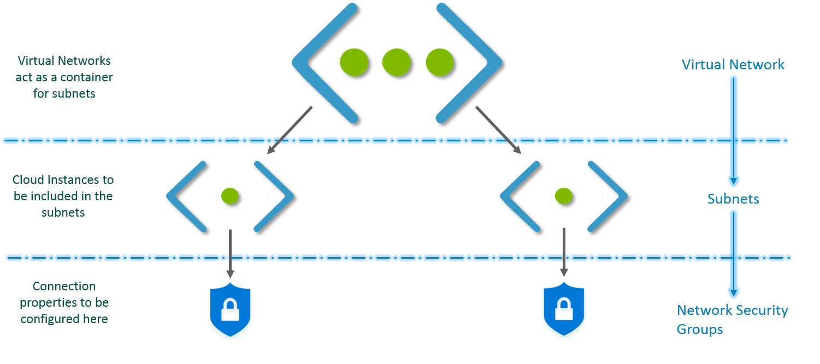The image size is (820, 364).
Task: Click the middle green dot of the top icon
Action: coord(396,62)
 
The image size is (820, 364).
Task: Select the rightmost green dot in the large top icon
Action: coord(439,62)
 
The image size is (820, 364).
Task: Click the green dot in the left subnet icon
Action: coord(229,196)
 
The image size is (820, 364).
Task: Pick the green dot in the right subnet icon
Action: coord(563,196)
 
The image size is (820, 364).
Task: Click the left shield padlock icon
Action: coord(232,310)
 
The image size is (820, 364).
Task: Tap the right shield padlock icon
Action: coord(565,310)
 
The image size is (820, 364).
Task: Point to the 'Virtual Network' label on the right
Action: coord(733,65)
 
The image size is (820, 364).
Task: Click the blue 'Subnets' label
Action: coord(733,199)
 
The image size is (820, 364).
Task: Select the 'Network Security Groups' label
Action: coord(732,320)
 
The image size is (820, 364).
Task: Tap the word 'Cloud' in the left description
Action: coord(25,180)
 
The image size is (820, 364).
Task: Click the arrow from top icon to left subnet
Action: coord(290,131)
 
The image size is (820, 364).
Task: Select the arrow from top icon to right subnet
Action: coord(497,129)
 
